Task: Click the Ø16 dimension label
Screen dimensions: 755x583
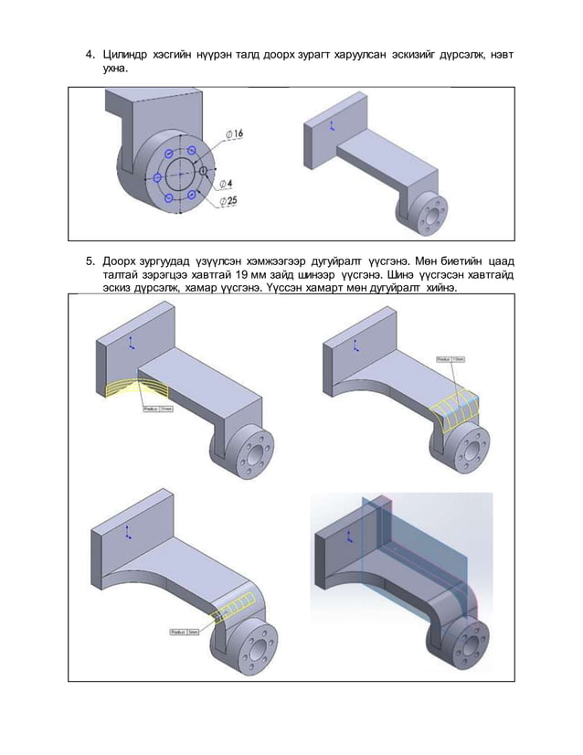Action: [235, 133]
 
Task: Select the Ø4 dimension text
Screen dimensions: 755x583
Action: [226, 182]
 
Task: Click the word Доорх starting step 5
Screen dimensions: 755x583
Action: [122, 260]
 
